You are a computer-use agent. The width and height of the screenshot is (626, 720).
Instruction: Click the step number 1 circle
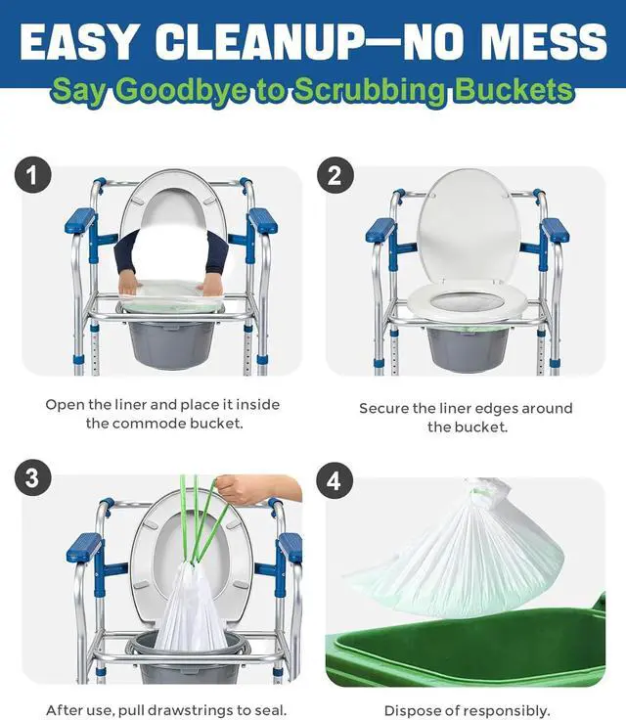pos(32,175)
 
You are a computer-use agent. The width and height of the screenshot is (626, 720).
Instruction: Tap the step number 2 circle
pos(335,175)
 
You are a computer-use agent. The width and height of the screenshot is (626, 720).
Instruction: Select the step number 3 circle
pos(32,477)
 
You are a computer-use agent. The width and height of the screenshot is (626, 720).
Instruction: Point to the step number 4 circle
pos(334,480)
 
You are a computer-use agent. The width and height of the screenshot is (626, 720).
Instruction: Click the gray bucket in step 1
pos(171,344)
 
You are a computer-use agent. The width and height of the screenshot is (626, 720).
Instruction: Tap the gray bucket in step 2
pos(468,348)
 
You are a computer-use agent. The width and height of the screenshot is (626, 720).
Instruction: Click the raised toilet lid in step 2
pos(469,225)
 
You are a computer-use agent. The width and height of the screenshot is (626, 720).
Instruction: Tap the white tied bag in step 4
pos(460,551)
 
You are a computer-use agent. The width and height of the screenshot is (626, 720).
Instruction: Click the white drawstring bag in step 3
pos(189,607)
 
